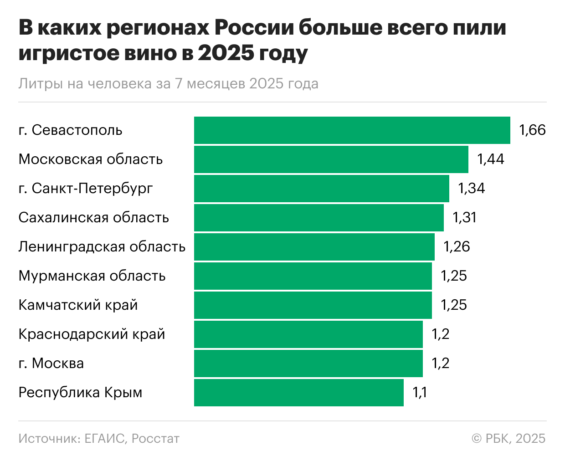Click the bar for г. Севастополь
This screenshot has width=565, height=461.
point(352,130)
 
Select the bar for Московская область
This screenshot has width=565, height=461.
point(331,159)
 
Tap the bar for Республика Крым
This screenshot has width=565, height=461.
point(298,393)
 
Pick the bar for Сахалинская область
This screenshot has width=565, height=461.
point(318,218)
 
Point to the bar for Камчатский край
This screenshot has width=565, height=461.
point(313,305)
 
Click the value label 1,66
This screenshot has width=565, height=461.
point(532,130)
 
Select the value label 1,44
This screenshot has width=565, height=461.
point(490,159)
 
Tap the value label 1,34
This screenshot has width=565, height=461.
point(471,189)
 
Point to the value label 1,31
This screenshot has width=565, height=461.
point(464,218)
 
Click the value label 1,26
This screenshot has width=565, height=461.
point(457,247)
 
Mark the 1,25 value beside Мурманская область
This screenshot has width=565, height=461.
point(454,276)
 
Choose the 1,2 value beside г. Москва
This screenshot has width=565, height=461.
point(441,364)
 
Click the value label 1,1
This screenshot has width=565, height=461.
point(420,393)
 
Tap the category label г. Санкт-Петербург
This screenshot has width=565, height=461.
point(86,189)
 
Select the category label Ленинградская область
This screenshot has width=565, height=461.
point(102,247)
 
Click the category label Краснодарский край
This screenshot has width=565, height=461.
point(92,334)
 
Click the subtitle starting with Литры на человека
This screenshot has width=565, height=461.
point(168,84)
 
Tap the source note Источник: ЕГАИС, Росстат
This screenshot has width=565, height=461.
point(99,438)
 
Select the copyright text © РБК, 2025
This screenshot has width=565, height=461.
point(508,438)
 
